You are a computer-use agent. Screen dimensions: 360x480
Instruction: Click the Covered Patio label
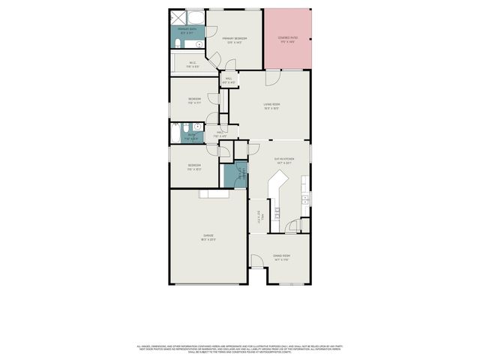pos(286,40)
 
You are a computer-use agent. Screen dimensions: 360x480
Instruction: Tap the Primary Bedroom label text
pos(234,40)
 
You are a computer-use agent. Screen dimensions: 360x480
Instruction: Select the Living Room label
pos(271,107)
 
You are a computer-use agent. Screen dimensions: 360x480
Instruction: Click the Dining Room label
pos(281,257)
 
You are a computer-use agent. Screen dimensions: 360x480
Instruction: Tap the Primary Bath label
pos(187,31)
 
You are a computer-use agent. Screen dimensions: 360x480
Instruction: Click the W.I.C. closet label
pos(193,64)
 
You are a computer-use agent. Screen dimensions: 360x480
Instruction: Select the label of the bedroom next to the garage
pos(193,166)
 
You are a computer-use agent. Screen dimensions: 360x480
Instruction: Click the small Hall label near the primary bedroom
pos(229,80)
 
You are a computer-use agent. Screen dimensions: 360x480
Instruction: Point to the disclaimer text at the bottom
pos(239,349)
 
